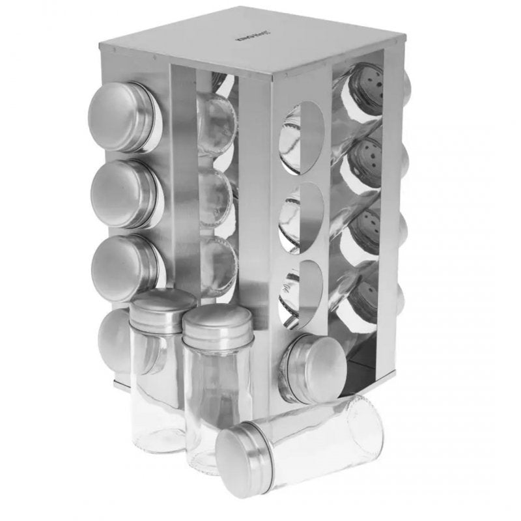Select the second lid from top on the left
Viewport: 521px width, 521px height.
[124, 193]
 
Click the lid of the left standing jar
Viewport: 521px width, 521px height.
[163, 306]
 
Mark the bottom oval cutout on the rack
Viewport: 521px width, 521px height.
[302, 293]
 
